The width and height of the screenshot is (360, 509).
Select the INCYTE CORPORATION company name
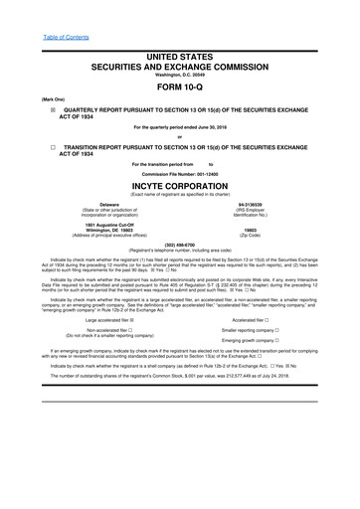tap(180, 185)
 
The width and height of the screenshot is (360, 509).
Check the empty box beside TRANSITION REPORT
tap(40, 146)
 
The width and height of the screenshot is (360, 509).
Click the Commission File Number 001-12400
tap(180, 173)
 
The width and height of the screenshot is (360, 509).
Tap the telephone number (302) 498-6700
tap(179, 244)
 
